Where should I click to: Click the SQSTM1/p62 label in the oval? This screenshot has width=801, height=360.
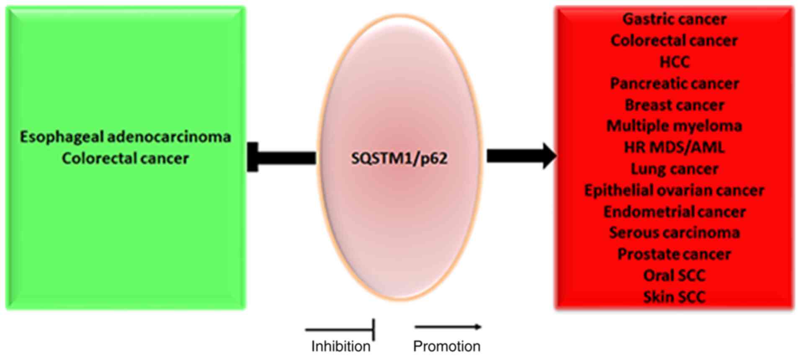[x=399, y=158]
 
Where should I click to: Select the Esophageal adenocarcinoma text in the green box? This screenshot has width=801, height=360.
[x=125, y=137]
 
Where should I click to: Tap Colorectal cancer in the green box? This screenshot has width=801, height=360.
[x=125, y=158]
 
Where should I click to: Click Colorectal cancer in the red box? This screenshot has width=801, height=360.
[x=674, y=41]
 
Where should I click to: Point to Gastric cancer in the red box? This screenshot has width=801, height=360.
[x=674, y=19]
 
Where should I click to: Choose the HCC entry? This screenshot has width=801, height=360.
[x=674, y=62]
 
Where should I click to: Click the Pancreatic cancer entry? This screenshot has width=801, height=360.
[x=674, y=83]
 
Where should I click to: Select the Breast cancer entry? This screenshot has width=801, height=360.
[x=674, y=105]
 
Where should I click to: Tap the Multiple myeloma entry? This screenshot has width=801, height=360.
[x=674, y=126]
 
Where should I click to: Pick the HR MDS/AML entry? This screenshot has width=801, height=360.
[x=674, y=147]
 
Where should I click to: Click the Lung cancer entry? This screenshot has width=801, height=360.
[x=674, y=169]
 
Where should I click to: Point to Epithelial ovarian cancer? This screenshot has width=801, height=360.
[x=674, y=190]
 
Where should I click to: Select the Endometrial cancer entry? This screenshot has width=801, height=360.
[x=674, y=212]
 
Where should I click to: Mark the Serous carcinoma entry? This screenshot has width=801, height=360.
[x=674, y=233]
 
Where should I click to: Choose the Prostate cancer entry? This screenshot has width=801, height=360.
[x=674, y=254]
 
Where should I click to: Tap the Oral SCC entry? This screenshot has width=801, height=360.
[x=674, y=275]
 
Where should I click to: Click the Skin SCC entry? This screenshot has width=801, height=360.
[x=674, y=297]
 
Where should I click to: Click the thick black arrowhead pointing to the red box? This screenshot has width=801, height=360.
[x=549, y=156]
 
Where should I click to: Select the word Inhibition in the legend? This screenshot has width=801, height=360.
[x=340, y=346]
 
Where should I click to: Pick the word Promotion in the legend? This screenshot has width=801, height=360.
[x=446, y=346]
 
